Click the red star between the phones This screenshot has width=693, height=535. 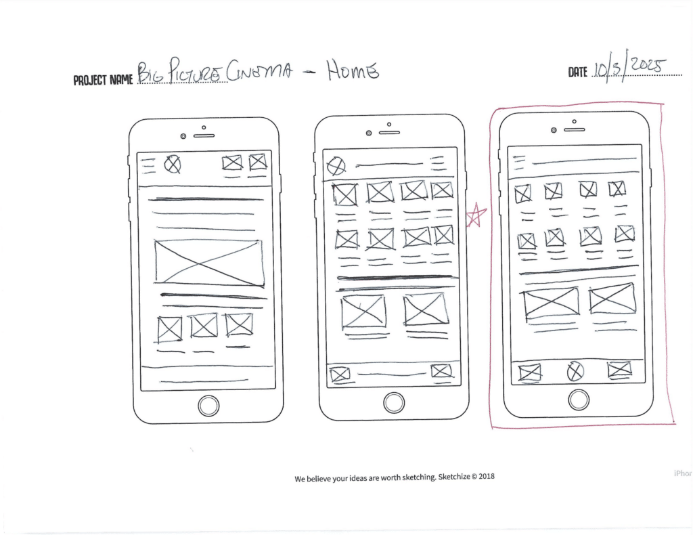click(476, 215)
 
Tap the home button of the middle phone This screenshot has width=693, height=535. click(394, 403)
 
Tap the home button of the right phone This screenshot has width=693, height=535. click(579, 400)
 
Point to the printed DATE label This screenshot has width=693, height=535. click(577, 72)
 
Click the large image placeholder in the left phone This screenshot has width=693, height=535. click(208, 262)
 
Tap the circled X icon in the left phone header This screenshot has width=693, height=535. click(173, 163)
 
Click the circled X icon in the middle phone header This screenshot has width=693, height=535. click(336, 166)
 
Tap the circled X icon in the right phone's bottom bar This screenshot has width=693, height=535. click(575, 371)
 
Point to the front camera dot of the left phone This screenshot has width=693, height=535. click(183, 136)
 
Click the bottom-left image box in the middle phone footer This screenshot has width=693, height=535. click(340, 374)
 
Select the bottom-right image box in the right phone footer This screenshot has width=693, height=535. click(619, 370)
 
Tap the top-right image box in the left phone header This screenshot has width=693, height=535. click(257, 162)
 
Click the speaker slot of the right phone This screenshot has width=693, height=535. click(574, 129)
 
